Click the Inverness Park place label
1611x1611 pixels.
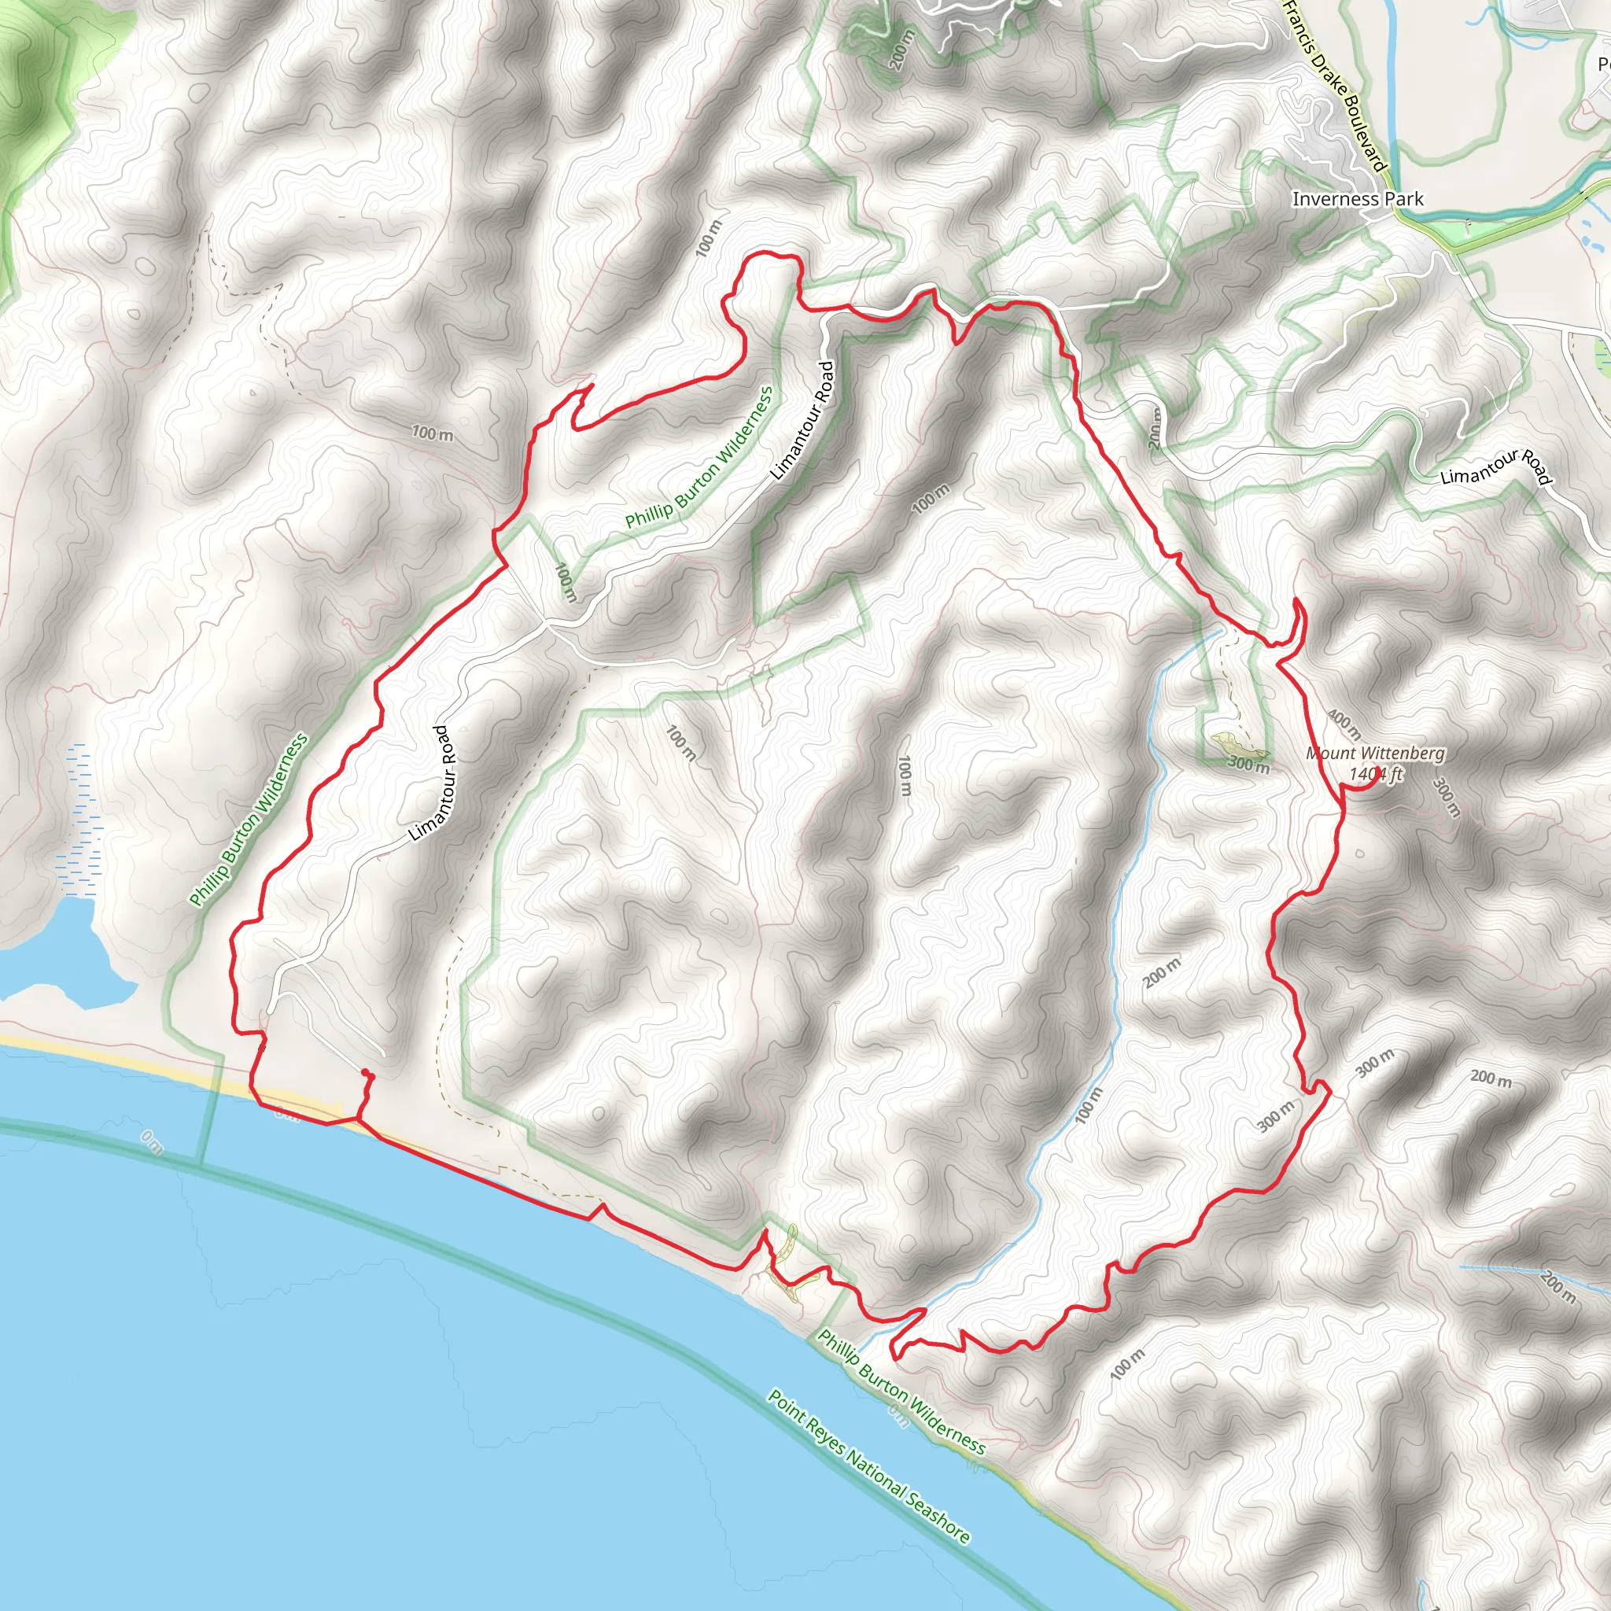point(1358,199)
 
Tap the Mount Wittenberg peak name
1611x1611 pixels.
point(1375,753)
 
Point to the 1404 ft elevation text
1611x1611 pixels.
point(1376,774)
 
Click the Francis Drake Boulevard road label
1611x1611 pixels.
point(1335,83)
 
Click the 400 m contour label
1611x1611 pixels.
point(1344,724)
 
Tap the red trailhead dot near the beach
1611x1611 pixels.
point(365,1073)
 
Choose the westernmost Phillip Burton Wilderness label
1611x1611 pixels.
point(249,820)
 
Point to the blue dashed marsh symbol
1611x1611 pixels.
point(79,817)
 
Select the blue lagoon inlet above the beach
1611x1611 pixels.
point(58,950)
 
